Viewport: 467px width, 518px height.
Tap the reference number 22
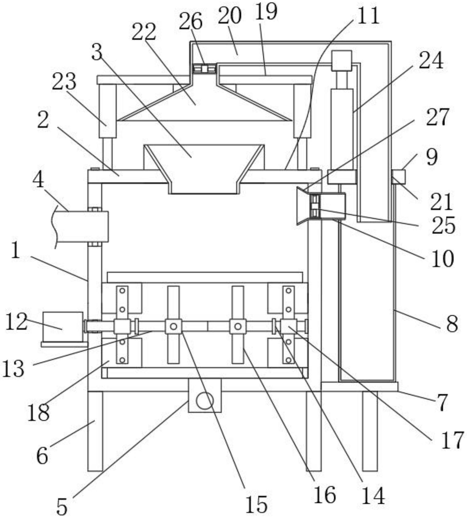144,32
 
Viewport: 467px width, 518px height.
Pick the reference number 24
431,60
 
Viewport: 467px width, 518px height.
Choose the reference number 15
256,504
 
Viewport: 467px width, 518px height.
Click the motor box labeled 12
63,327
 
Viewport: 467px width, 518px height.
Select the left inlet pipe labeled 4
81,226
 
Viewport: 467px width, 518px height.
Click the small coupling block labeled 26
205,68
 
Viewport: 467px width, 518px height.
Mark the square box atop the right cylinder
342,61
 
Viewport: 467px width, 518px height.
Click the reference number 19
266,11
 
